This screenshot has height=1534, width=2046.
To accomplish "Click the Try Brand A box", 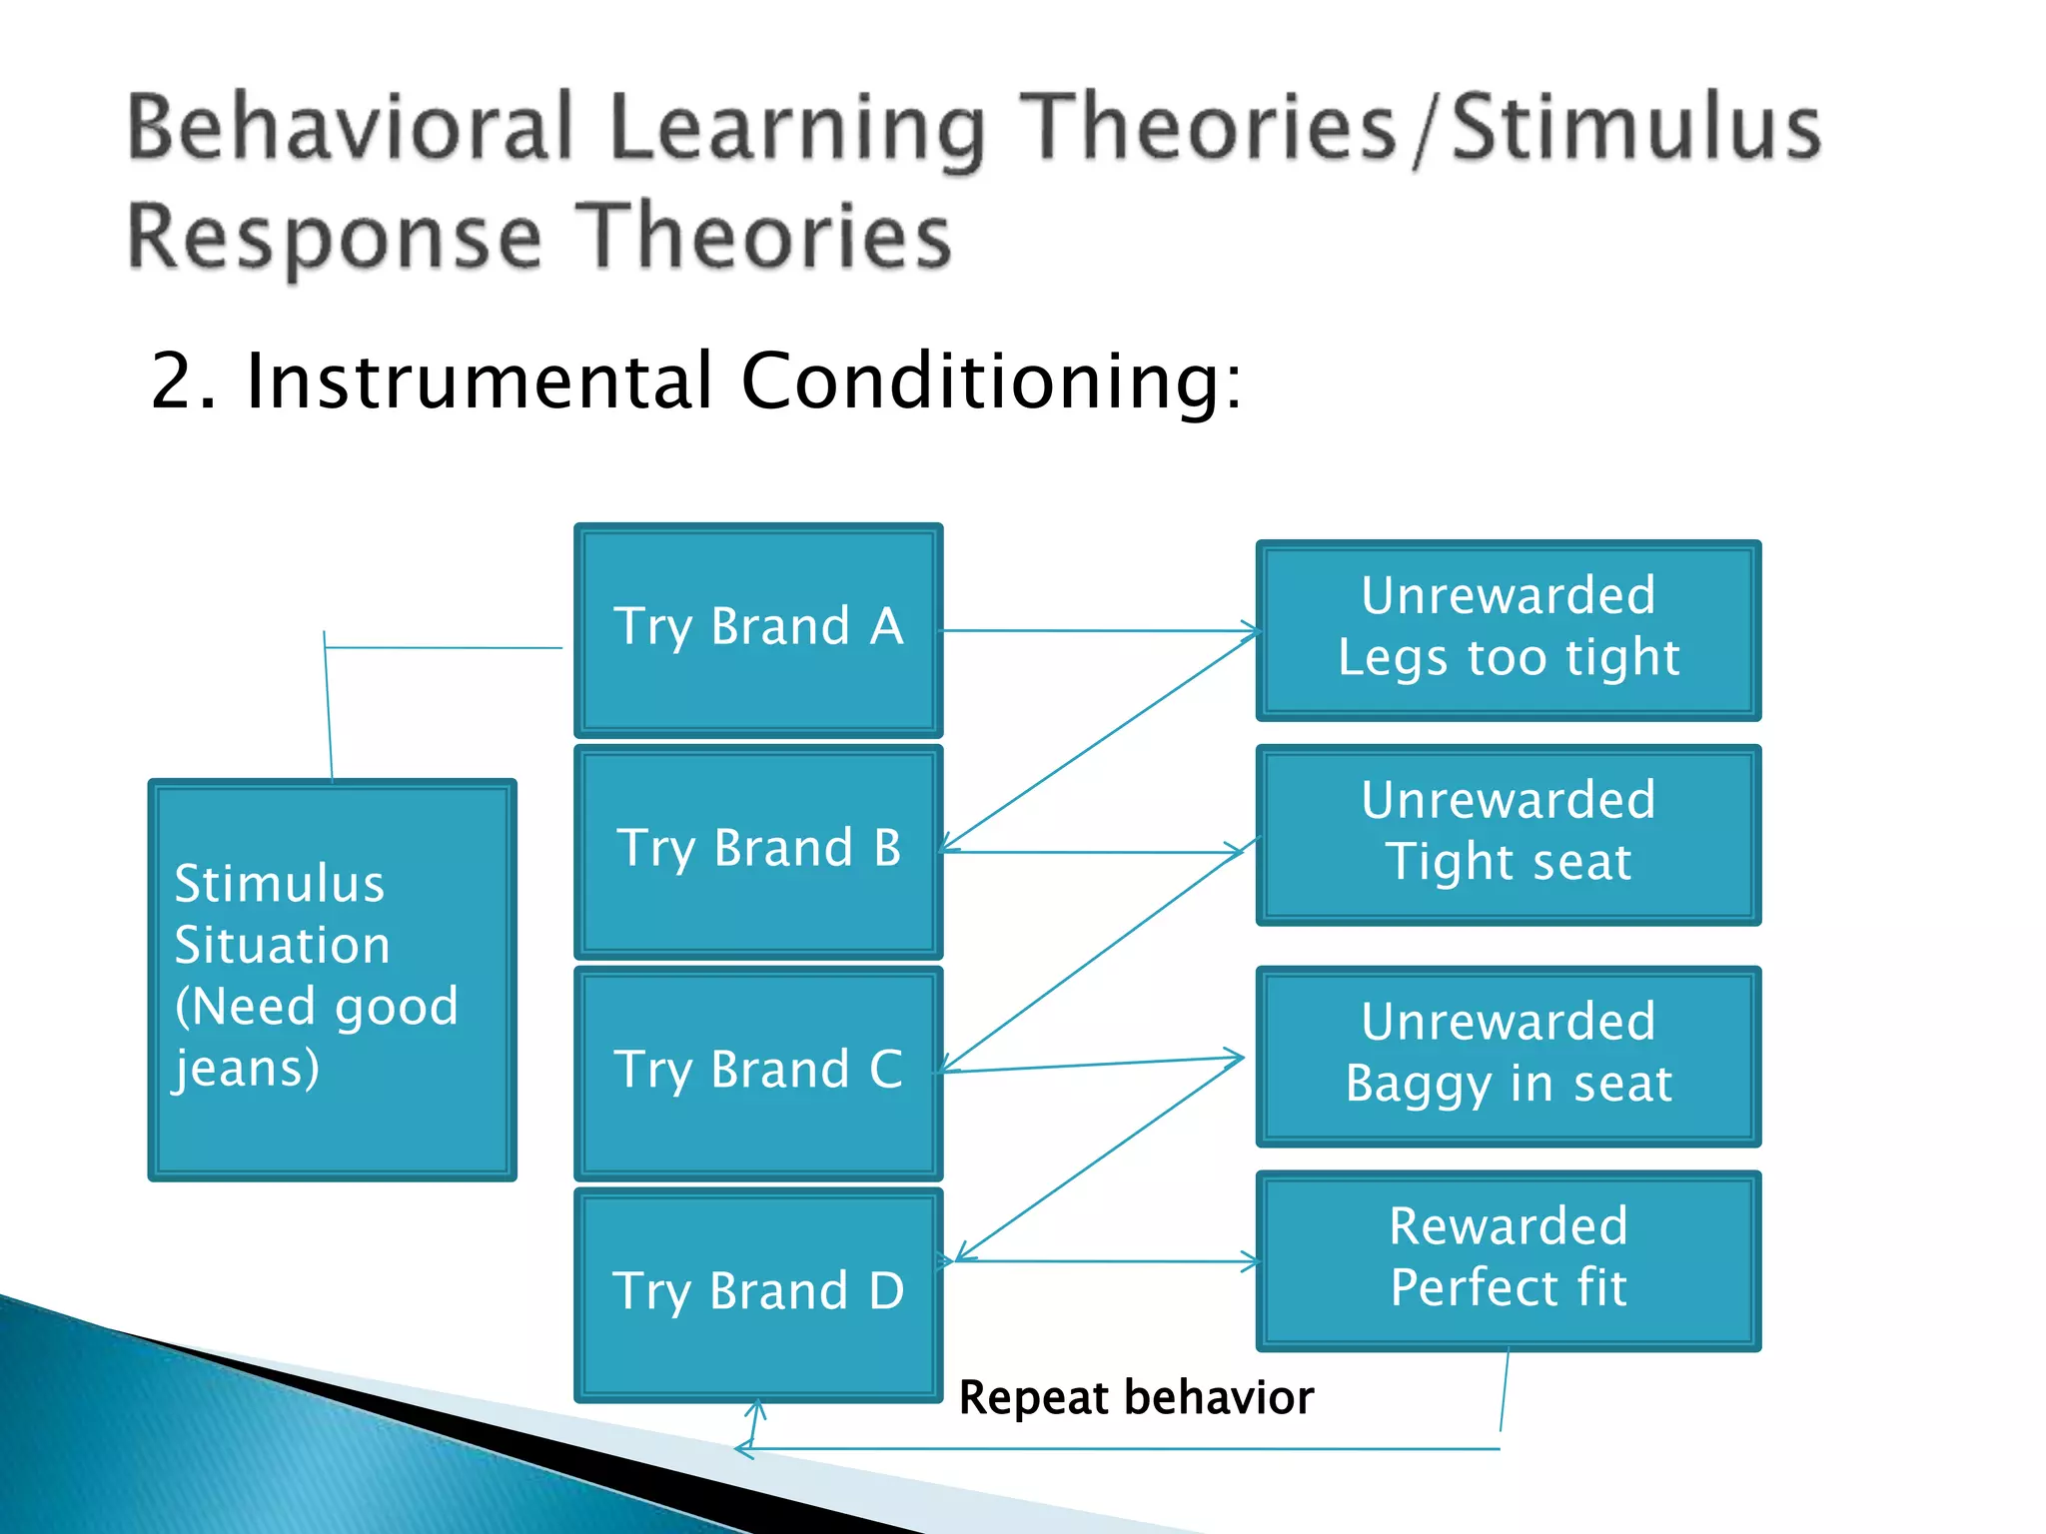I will point(758,630).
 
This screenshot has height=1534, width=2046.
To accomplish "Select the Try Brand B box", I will point(758,852).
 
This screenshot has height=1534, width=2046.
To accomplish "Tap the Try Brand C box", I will point(758,1074).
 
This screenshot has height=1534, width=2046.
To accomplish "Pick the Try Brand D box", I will point(758,1294).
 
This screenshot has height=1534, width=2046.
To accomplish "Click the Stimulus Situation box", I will point(332,980).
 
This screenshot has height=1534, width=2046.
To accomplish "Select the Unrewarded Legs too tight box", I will point(1508,630).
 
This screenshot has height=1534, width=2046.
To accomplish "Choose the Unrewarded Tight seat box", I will point(1508,835).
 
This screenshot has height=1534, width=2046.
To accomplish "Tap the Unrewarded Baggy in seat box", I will point(1508,1056).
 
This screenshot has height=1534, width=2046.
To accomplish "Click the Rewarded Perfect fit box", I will point(1508,1260).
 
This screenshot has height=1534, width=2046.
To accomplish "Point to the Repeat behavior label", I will point(1136,1397).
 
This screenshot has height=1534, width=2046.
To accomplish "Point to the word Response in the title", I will point(335,237).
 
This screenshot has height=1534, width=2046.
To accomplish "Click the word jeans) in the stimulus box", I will point(247,1069).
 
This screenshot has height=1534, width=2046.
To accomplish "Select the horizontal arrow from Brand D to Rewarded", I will point(1099,1261).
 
